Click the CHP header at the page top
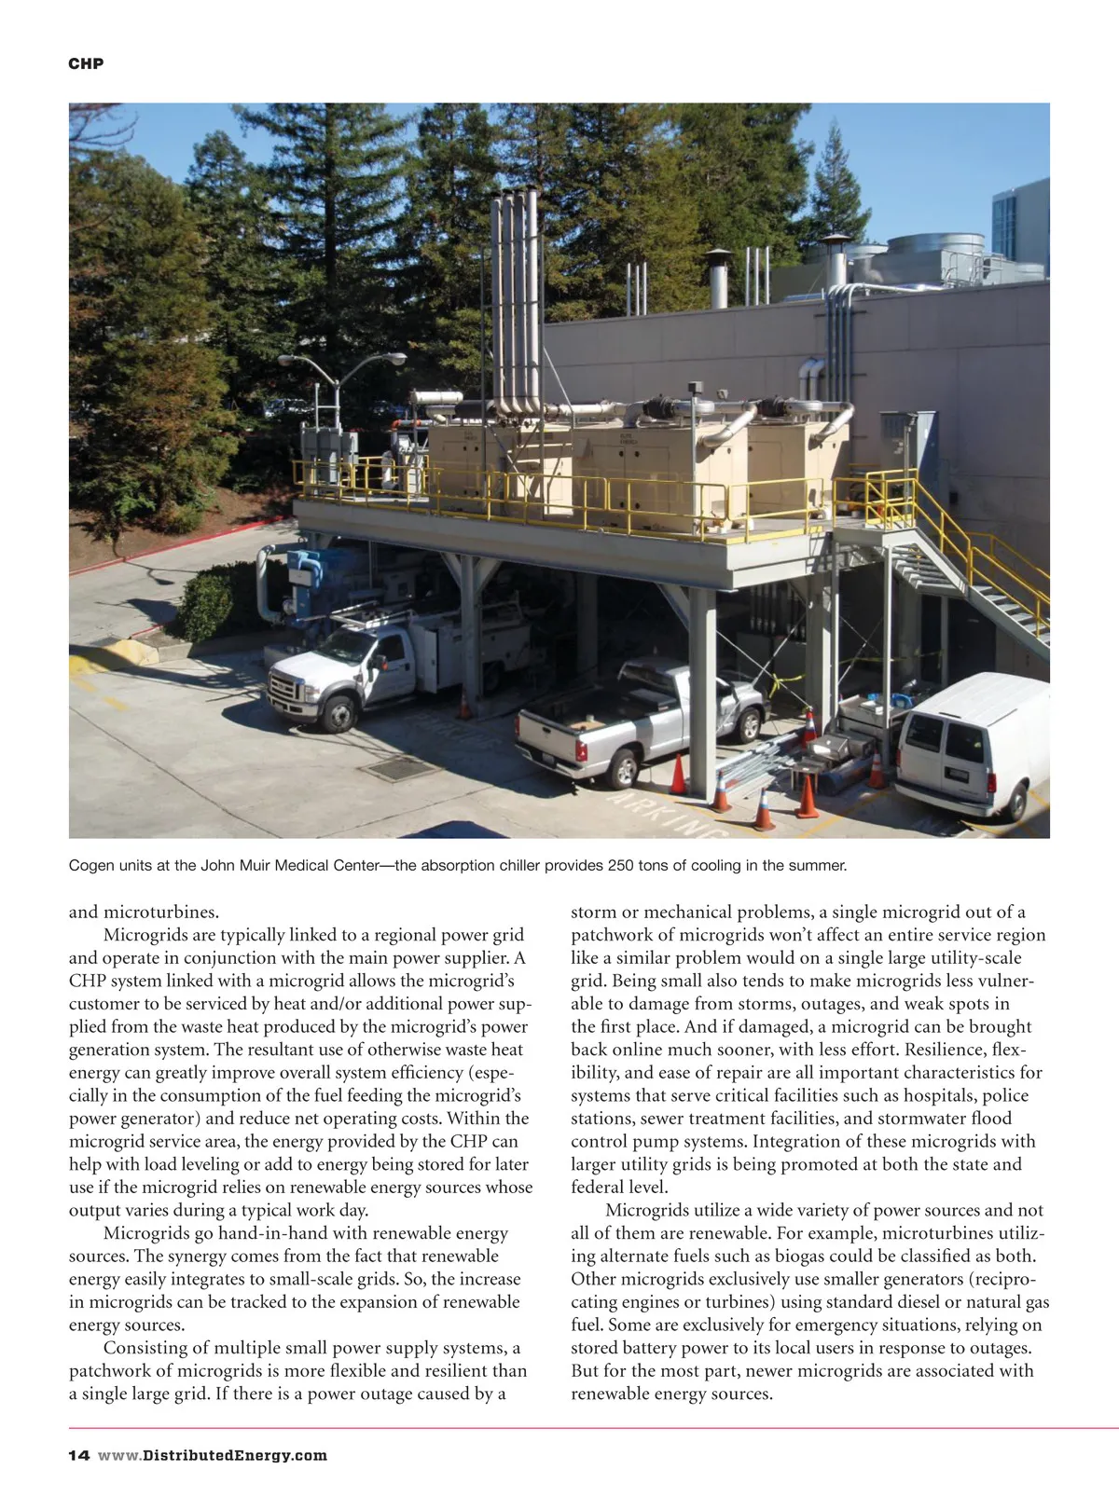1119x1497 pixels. tap(86, 63)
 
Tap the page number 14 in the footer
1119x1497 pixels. tap(78, 1455)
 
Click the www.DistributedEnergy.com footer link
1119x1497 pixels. tap(213, 1455)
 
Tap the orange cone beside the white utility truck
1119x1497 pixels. tap(464, 706)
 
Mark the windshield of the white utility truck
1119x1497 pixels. tap(344, 645)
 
